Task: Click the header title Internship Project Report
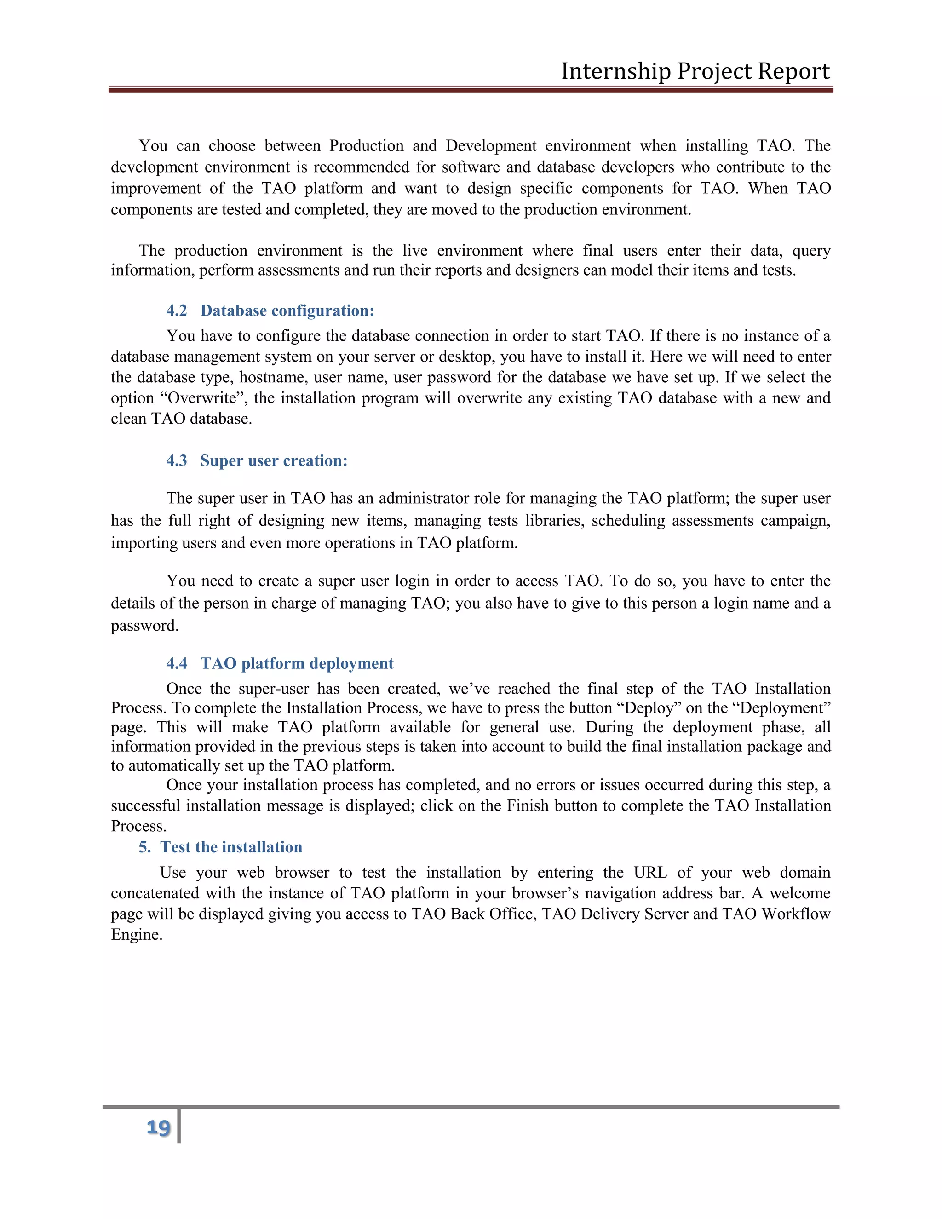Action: (695, 71)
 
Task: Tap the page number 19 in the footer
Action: (158, 1127)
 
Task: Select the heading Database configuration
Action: (287, 311)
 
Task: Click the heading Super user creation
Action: (274, 461)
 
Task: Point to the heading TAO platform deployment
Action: (297, 664)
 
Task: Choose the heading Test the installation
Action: (231, 847)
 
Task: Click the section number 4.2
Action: (176, 311)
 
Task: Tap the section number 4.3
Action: (176, 461)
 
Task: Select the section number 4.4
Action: (176, 664)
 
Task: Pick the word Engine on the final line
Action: (136, 935)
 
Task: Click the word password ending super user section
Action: (144, 626)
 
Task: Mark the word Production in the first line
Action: (366, 146)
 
